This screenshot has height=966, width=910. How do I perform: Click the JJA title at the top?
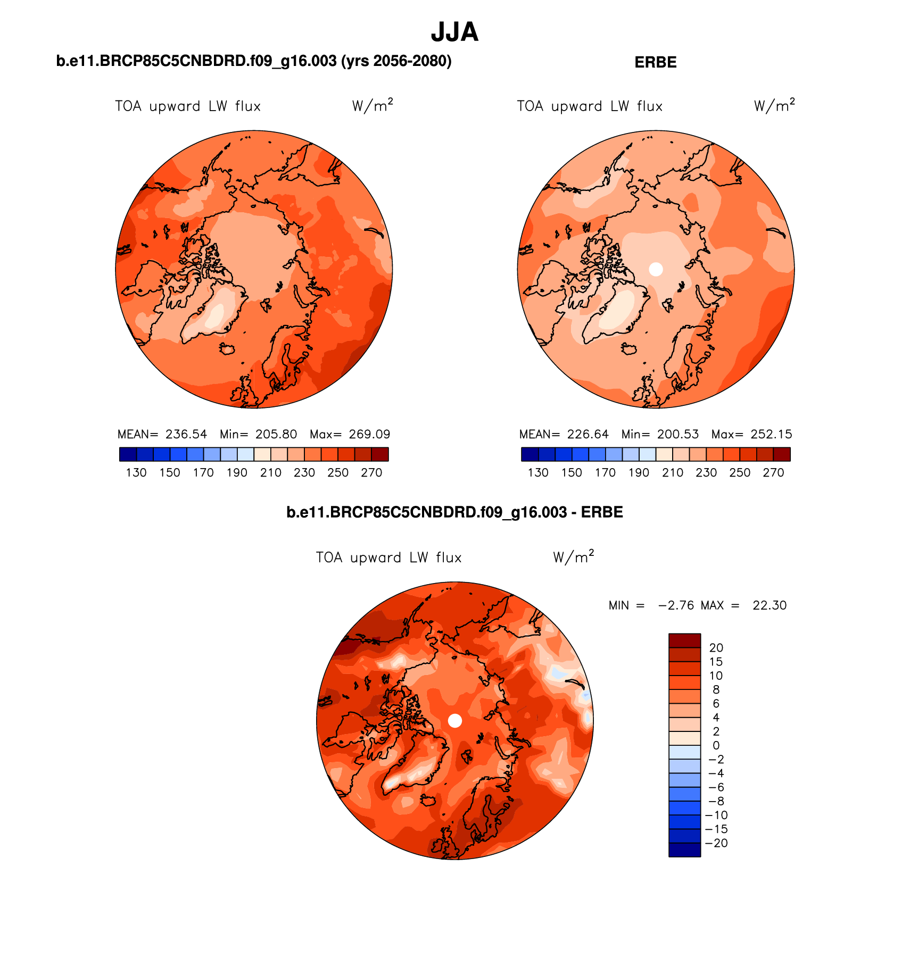coord(454,32)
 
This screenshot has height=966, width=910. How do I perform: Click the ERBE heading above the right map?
coord(655,62)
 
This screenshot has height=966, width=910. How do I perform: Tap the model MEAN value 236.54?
coord(186,434)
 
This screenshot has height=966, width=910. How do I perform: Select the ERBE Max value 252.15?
coord(771,434)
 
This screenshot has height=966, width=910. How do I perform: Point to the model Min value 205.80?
coord(276,434)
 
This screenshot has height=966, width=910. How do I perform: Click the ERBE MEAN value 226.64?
coord(588,434)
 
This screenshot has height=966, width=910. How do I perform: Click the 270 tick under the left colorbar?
coord(371,472)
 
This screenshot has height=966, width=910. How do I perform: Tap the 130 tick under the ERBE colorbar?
coord(538,472)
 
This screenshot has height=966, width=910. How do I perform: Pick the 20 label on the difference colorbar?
coord(716,647)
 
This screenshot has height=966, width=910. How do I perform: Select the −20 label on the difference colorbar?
coord(716,843)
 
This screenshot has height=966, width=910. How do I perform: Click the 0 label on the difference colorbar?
coord(716,745)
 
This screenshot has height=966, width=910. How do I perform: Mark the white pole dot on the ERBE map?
coord(656,269)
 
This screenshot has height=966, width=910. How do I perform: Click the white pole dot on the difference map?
coord(455,720)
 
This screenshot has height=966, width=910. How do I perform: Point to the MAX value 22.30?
coord(769,605)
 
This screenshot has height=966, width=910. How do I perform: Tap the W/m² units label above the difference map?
coord(573,557)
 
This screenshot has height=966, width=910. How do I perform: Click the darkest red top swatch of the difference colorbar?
coord(684,640)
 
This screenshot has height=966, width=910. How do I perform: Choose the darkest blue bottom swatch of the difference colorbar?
coord(684,850)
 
